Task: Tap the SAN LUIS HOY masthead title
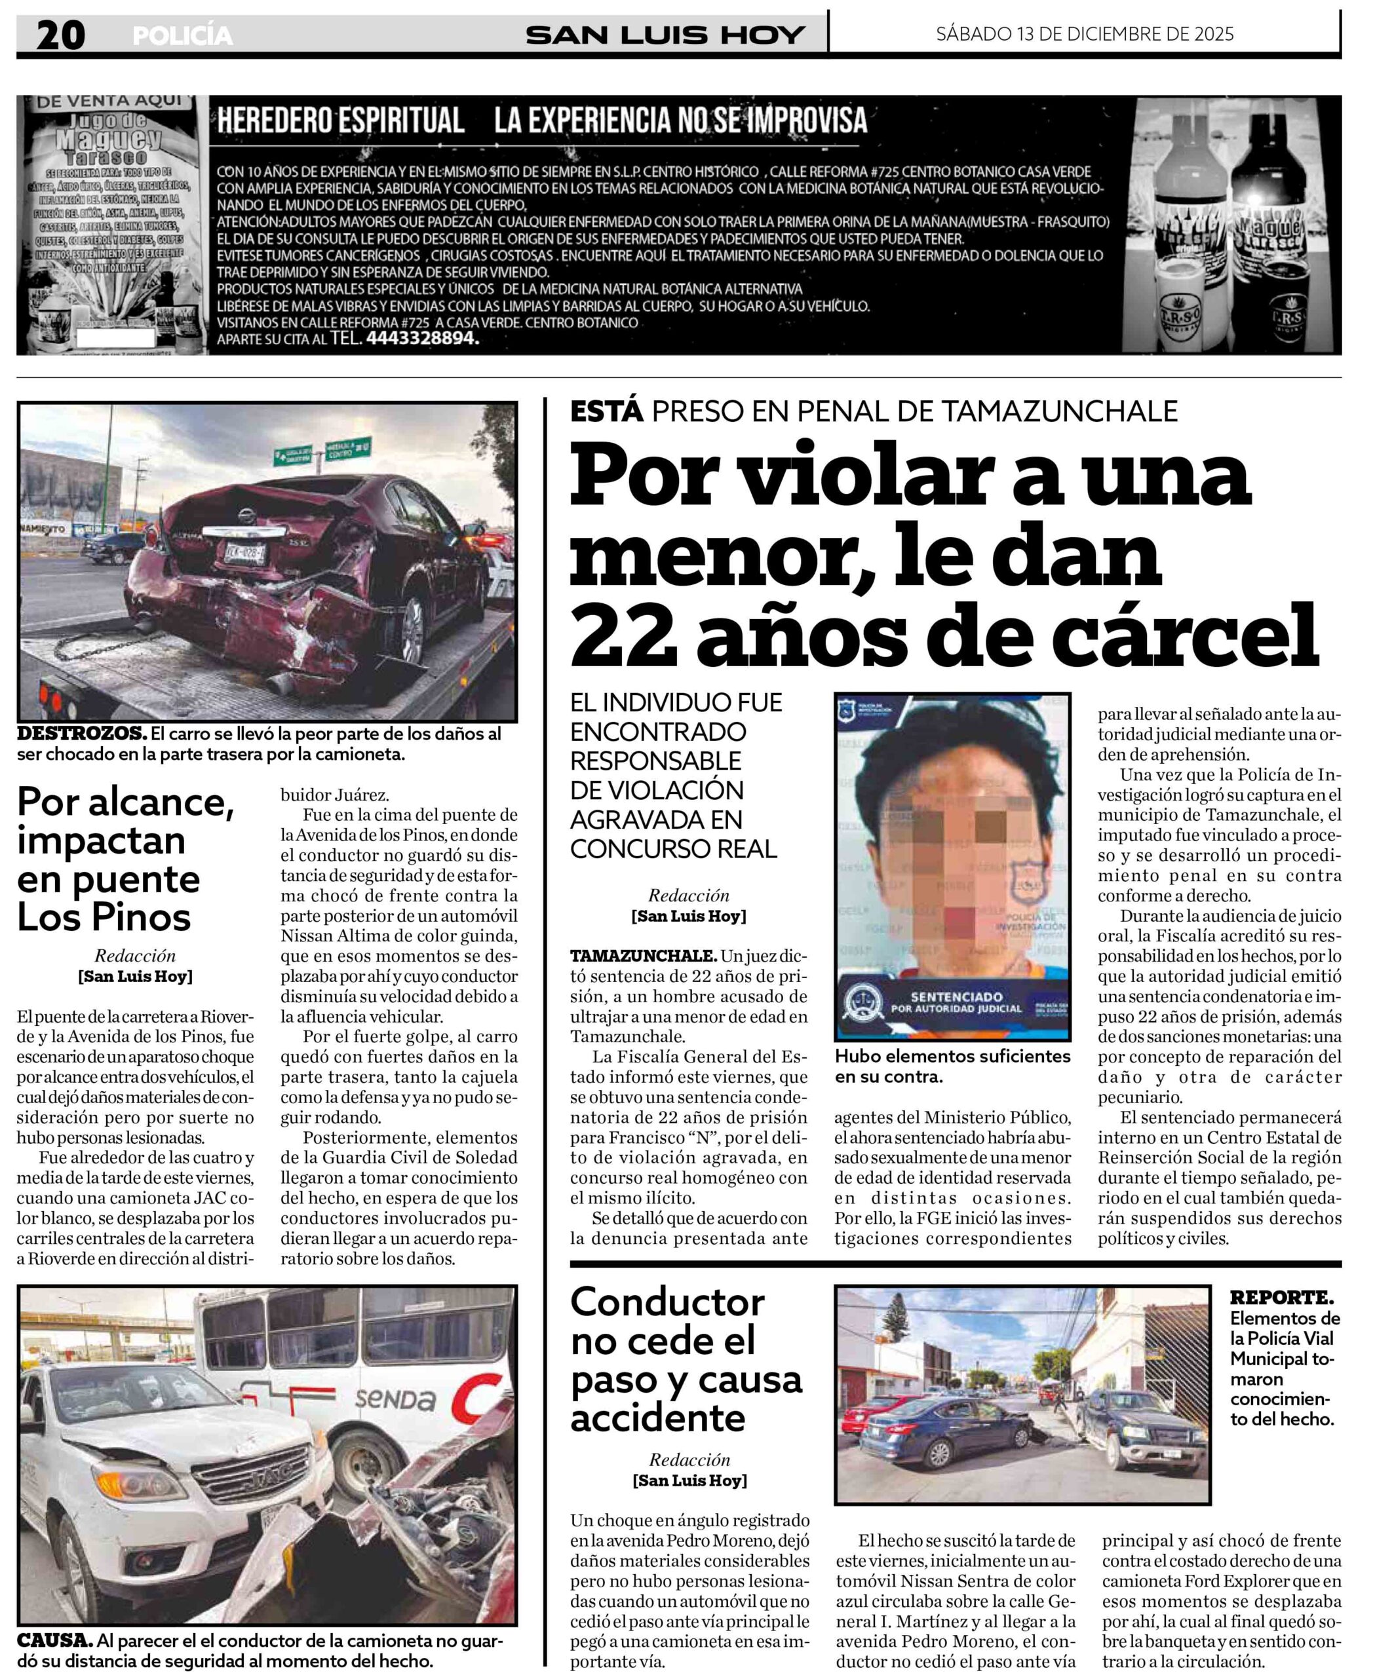click(x=665, y=35)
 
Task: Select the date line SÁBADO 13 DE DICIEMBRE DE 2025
click(x=1084, y=34)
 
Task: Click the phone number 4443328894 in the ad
click(x=421, y=339)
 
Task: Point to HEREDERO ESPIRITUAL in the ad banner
click(x=340, y=121)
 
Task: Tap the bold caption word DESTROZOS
click(x=81, y=733)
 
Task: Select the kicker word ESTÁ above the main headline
click(x=606, y=411)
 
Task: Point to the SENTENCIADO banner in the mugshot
click(x=956, y=1002)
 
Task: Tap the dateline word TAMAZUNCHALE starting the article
click(x=643, y=956)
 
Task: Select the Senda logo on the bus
click(x=395, y=1399)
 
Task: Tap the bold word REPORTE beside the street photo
click(x=1281, y=1298)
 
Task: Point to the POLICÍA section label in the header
click(x=183, y=36)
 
